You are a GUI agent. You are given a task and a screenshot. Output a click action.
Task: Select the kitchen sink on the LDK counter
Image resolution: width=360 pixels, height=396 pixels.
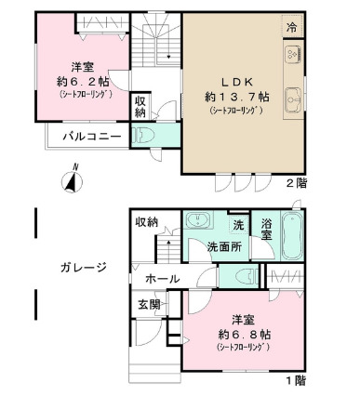point(295,93)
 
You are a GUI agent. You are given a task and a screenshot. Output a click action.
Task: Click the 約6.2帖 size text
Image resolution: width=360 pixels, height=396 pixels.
point(80,81)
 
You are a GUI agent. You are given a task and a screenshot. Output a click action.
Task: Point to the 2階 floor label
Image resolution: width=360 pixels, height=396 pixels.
point(295,183)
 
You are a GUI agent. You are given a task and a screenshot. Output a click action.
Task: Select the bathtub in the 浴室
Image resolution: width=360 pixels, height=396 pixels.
point(291,237)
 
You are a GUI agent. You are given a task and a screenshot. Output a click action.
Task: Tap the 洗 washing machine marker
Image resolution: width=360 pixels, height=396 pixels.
point(238,224)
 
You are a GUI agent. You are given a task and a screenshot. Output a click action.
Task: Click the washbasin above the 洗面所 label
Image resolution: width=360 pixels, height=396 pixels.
point(197,221)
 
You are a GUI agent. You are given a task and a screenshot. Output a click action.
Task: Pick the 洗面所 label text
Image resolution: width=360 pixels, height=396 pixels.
point(224,248)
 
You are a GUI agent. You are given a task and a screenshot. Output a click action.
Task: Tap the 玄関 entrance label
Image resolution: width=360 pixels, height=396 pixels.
point(150,304)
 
